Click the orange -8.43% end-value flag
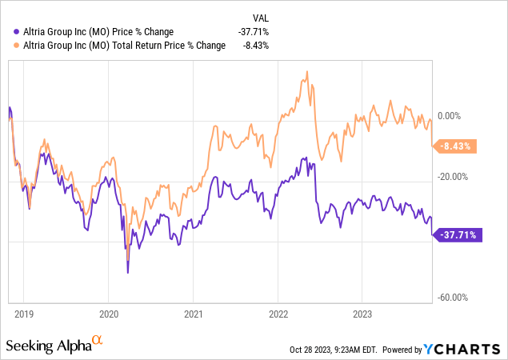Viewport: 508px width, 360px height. tap(455, 146)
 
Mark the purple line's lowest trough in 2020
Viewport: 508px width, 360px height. tap(128, 273)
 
